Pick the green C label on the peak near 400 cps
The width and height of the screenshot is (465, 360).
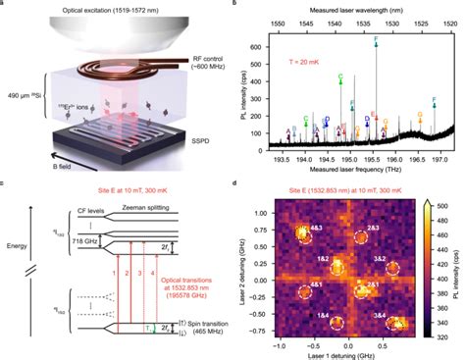[340, 76]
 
